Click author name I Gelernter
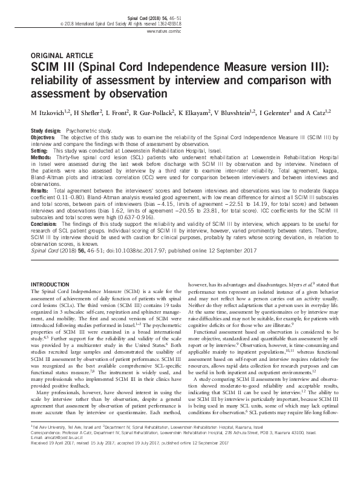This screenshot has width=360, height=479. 280,111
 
